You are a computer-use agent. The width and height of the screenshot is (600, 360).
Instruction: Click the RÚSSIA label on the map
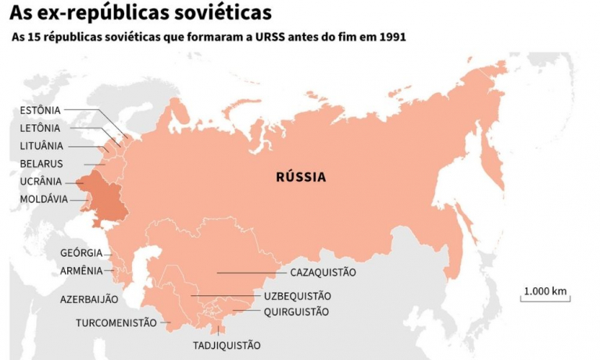tap(301, 177)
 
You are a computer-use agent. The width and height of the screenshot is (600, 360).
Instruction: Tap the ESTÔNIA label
tap(40, 110)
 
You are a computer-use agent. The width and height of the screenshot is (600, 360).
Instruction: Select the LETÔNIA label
tap(40, 128)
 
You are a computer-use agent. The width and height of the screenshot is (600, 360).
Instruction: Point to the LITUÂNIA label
tap(41, 146)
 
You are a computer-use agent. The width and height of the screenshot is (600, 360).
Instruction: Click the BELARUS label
tap(41, 164)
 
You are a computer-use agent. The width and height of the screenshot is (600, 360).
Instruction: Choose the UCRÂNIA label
tap(41, 181)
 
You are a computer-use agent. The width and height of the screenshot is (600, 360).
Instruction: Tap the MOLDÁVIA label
tap(44, 199)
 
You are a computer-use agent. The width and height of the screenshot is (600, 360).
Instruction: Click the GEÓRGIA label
tap(81, 253)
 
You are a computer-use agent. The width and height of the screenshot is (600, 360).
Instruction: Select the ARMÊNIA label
tap(81, 271)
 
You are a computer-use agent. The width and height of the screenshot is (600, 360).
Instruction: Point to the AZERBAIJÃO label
tap(89, 299)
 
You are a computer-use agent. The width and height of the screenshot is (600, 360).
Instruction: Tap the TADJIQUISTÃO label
tap(227, 345)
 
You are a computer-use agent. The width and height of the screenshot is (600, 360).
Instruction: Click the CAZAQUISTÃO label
tap(323, 273)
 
